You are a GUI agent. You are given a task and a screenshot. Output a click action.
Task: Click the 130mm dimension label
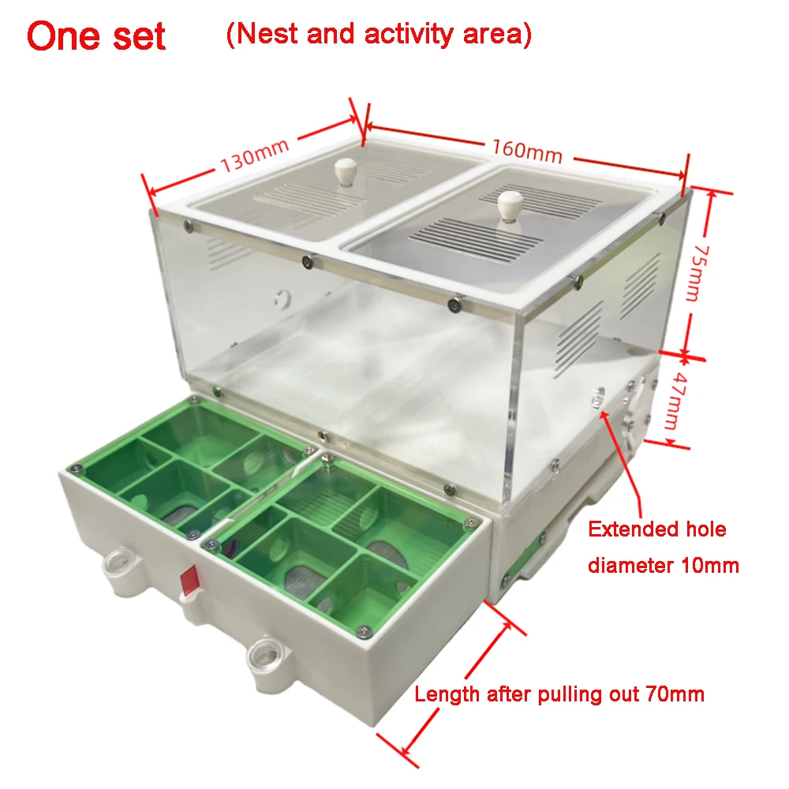(x=255, y=155)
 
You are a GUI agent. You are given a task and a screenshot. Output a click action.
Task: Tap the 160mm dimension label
(x=527, y=151)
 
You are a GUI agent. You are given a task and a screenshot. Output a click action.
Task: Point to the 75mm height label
(x=698, y=273)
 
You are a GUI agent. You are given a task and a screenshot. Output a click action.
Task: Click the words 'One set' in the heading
(x=96, y=36)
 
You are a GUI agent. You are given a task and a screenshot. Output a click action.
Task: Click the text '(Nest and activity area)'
(x=379, y=34)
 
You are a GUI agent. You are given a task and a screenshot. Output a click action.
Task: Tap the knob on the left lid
(x=345, y=172)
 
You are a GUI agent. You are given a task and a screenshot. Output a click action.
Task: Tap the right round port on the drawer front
(x=265, y=653)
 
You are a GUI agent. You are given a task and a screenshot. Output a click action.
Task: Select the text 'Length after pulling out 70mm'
(x=559, y=694)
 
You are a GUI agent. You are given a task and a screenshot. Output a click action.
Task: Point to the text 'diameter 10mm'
(x=664, y=566)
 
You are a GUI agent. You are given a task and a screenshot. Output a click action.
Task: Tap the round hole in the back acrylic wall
(x=283, y=299)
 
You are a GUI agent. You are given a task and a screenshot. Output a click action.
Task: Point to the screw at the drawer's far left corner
(x=76, y=469)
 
